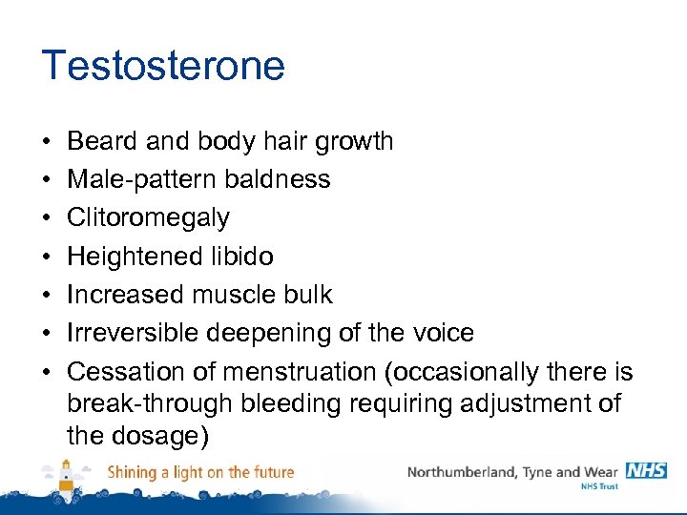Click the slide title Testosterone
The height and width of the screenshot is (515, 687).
(163, 66)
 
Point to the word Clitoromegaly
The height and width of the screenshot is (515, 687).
(148, 218)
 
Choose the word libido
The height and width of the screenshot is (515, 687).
(243, 257)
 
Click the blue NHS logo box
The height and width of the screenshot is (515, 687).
(646, 470)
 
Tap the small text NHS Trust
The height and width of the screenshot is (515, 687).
(599, 486)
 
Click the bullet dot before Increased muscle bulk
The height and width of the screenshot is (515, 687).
(47, 296)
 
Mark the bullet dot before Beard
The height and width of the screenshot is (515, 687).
(47, 142)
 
